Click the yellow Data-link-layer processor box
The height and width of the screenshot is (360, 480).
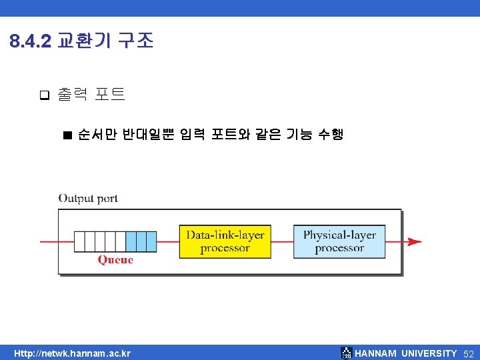click(225, 241)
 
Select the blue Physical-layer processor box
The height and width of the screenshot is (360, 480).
click(339, 241)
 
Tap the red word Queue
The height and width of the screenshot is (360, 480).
click(115, 260)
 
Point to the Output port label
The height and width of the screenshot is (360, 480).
click(88, 198)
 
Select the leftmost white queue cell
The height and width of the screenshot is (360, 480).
click(80, 241)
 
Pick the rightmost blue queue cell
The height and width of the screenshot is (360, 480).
click(151, 241)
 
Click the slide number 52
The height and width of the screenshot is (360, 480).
click(468, 353)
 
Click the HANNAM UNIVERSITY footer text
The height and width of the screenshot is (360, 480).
click(406, 353)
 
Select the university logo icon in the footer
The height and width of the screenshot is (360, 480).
click(346, 353)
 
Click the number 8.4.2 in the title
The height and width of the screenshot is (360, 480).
click(31, 42)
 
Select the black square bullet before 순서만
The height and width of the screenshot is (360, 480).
click(66, 135)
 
